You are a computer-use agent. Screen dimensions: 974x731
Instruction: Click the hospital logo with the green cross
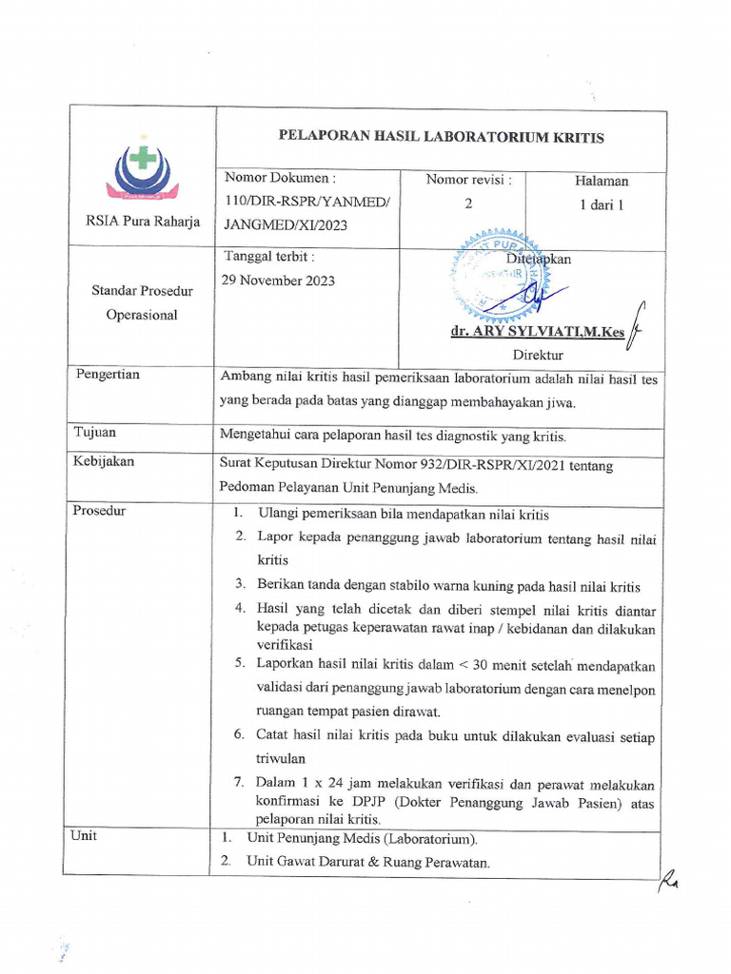142,171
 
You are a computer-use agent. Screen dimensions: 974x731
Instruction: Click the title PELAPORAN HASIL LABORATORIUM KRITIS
441,138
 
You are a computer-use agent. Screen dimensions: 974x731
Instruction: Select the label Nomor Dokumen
280,178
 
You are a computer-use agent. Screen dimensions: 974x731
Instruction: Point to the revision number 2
467,203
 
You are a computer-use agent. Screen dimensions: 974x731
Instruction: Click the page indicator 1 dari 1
601,204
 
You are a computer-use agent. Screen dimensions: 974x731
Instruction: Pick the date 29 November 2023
278,281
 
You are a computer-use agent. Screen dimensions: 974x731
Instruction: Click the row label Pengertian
108,375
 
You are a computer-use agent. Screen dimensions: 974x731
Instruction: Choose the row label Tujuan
95,433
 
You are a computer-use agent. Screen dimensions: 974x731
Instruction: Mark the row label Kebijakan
104,462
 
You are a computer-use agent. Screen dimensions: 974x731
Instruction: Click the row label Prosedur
99,511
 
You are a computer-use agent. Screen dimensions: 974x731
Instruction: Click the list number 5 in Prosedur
241,664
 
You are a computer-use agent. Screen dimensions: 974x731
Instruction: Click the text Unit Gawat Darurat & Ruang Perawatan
367,863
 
